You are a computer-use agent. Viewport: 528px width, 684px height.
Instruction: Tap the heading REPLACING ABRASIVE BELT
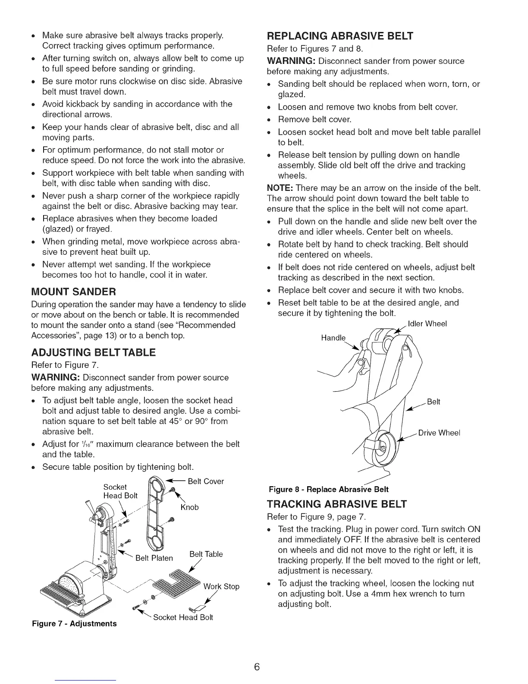pos(340,35)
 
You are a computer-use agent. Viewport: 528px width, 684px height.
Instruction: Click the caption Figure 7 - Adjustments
pos(74,624)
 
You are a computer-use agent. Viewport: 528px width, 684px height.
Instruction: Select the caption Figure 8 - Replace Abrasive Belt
pos(329,489)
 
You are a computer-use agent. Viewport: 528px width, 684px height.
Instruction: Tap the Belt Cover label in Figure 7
pos(206,481)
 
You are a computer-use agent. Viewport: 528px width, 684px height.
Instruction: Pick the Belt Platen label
pos(154,558)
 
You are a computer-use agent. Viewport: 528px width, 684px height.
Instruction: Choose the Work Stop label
pos(221,586)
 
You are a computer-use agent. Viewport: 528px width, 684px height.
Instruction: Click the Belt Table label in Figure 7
pos(206,554)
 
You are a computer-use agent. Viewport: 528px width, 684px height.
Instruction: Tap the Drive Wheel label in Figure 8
pos(440,433)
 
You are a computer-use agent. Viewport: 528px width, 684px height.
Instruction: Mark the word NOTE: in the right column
pos(280,188)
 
